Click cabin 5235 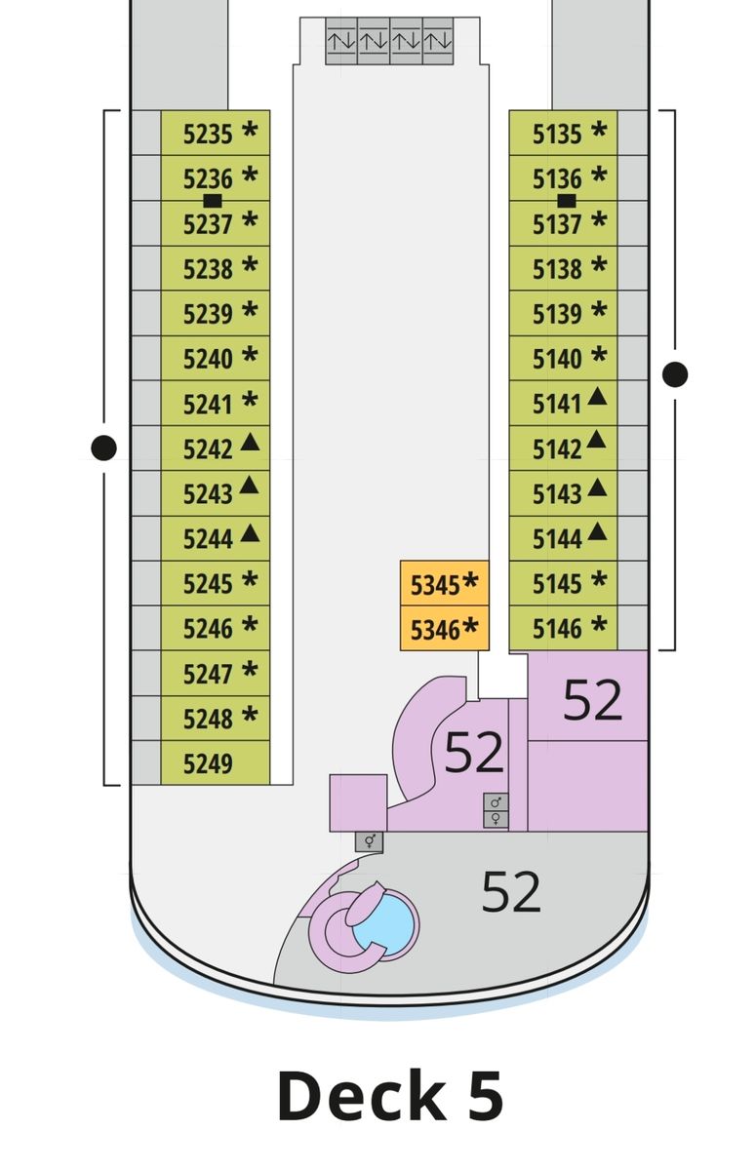click(x=216, y=133)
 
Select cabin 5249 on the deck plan click(x=216, y=762)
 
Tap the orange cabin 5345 click(x=445, y=583)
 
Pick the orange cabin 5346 click(x=445, y=628)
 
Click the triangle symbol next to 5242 click(x=250, y=443)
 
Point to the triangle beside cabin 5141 click(x=597, y=397)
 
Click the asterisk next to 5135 click(x=599, y=130)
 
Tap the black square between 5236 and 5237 click(x=212, y=201)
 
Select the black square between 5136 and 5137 click(x=567, y=201)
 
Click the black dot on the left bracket click(x=103, y=448)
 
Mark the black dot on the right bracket click(x=675, y=374)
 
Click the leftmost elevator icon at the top click(x=341, y=41)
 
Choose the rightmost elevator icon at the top click(x=438, y=41)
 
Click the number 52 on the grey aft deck click(x=511, y=891)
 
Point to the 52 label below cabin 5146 click(x=592, y=699)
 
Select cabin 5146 click(x=563, y=628)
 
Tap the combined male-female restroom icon click(x=370, y=840)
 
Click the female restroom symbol click(x=496, y=818)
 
